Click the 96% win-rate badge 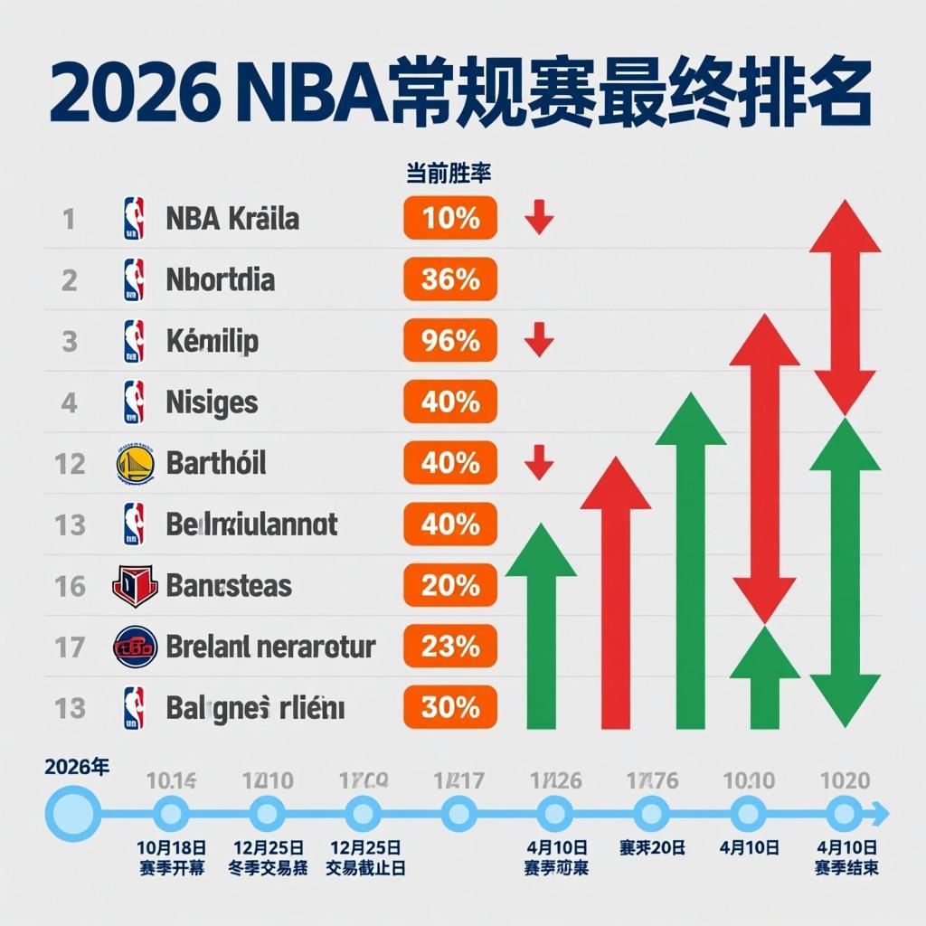[x=450, y=340]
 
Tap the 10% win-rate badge [x=450, y=218]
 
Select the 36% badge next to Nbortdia [x=450, y=279]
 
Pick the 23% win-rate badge [x=450, y=646]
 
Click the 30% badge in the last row [x=450, y=707]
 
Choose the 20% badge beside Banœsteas [x=450, y=585]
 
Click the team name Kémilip [x=213, y=341]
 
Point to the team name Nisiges [x=213, y=402]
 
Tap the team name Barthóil [x=216, y=463]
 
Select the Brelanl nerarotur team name [x=271, y=647]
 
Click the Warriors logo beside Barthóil [x=135, y=463]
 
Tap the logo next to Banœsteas [x=135, y=585]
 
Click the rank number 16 [x=70, y=586]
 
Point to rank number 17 [x=70, y=647]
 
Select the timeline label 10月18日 [x=172, y=847]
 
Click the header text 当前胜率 [x=449, y=175]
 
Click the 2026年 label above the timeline [x=77, y=768]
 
